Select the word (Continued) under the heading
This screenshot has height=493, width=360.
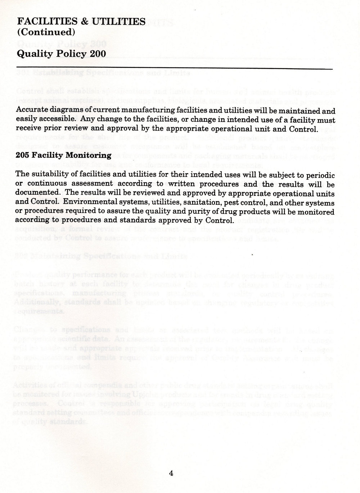coord(46,32)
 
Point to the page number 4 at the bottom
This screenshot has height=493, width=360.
coord(171,473)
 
